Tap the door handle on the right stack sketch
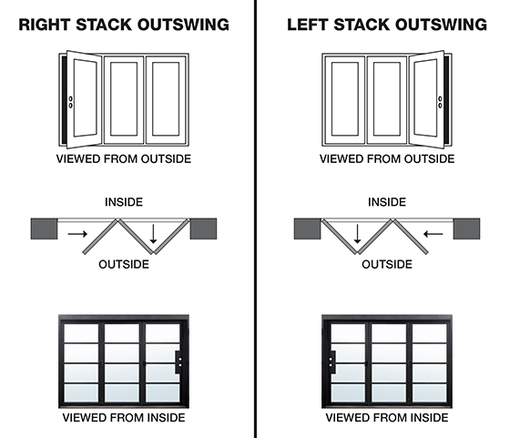tap(71, 103)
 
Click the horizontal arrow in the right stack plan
tap(77, 235)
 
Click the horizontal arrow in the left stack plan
tap(434, 235)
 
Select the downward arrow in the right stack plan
tap(154, 236)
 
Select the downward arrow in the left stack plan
tap(358, 236)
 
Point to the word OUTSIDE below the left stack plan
tap(386, 264)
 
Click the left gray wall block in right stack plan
tap(42, 227)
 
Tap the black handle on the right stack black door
tap(179, 362)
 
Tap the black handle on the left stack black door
tap(334, 362)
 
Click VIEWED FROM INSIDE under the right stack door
tap(124, 418)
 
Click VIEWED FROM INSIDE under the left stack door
tap(386, 418)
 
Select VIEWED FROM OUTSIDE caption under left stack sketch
tap(386, 158)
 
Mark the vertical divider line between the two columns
tap(255, 219)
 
